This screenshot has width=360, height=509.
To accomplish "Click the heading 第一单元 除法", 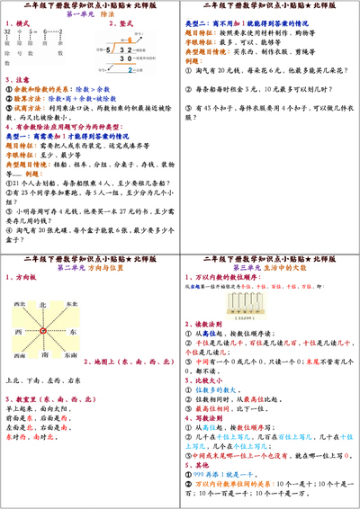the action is [89, 15].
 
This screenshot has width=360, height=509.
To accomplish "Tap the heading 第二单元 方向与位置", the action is [89, 268].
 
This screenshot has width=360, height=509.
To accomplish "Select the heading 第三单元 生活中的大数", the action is [269, 268].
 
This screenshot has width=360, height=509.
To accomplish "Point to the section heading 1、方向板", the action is [22, 279].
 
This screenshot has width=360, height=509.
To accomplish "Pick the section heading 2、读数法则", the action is [205, 347].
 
